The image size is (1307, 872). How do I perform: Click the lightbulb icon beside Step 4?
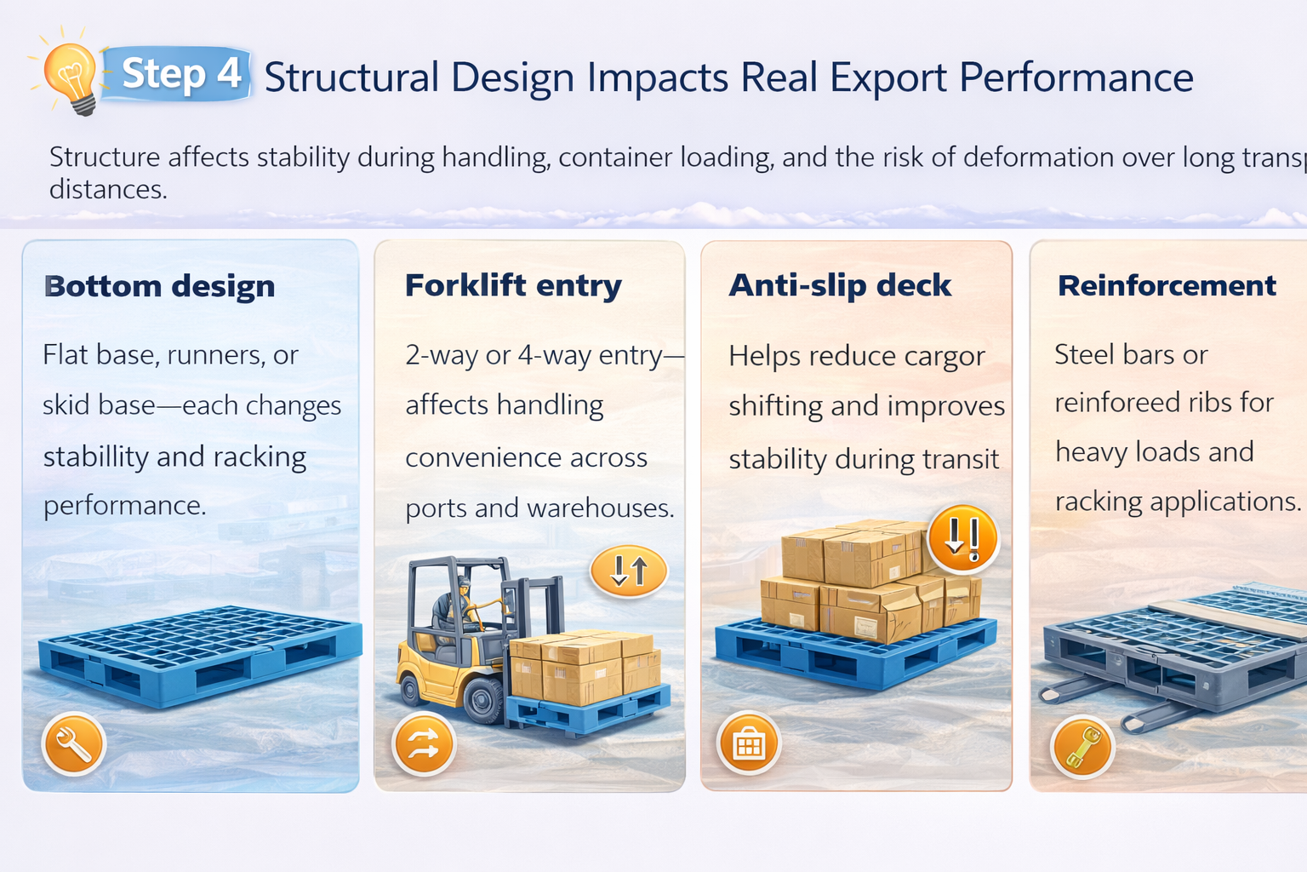click(71, 77)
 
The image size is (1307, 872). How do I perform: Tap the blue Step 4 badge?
click(180, 74)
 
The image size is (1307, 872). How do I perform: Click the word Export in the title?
click(888, 78)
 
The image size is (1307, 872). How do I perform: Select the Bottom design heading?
click(160, 286)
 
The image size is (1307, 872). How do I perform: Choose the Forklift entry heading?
click(513, 285)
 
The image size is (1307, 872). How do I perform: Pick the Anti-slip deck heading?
click(840, 285)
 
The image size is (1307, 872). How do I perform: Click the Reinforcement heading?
click(1167, 285)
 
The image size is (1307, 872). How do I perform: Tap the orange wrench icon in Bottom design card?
click(74, 743)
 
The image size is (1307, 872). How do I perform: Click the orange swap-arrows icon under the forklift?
click(424, 745)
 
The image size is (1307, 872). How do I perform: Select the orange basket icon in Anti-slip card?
click(749, 744)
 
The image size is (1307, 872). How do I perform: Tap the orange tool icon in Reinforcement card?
click(1082, 747)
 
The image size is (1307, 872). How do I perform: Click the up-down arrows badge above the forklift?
click(629, 571)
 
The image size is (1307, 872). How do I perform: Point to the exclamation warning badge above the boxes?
click(962, 538)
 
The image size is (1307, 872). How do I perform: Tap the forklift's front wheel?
click(483, 700)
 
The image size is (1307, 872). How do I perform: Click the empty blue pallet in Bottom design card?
click(200, 656)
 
